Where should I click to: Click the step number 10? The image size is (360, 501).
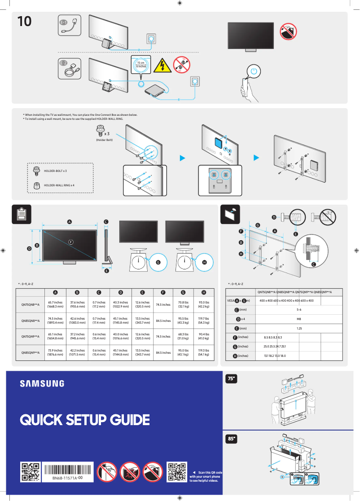(25, 21)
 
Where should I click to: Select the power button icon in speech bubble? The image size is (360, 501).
(254, 71)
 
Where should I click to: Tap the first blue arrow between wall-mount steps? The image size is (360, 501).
(182, 158)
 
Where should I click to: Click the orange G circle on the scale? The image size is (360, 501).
(158, 262)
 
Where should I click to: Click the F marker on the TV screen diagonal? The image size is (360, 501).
(70, 242)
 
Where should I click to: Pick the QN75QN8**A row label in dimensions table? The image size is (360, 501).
(31, 305)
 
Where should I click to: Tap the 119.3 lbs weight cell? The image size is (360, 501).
(203, 352)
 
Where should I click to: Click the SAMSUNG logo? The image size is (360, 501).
(42, 383)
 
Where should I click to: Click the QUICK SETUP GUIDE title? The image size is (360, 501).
(84, 420)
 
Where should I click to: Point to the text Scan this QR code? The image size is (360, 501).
(207, 472)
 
